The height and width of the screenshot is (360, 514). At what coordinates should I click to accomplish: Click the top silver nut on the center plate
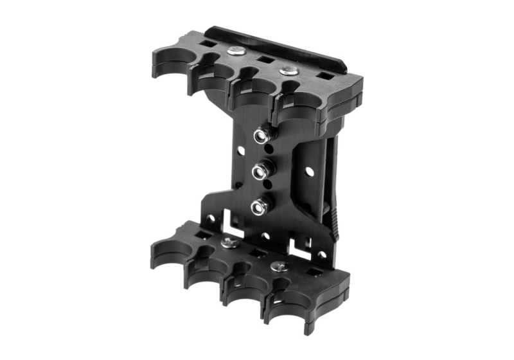pyautogui.click(x=261, y=136)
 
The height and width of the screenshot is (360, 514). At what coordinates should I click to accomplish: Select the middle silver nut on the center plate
pyautogui.click(x=260, y=172)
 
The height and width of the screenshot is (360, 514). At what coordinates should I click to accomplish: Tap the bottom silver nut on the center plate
pyautogui.click(x=259, y=207)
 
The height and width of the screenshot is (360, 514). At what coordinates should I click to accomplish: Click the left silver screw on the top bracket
pyautogui.click(x=235, y=50)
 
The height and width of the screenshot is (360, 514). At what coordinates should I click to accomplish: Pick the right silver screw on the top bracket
pyautogui.click(x=288, y=69)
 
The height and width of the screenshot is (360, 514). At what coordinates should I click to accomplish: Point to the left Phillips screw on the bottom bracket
pyautogui.click(x=229, y=242)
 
